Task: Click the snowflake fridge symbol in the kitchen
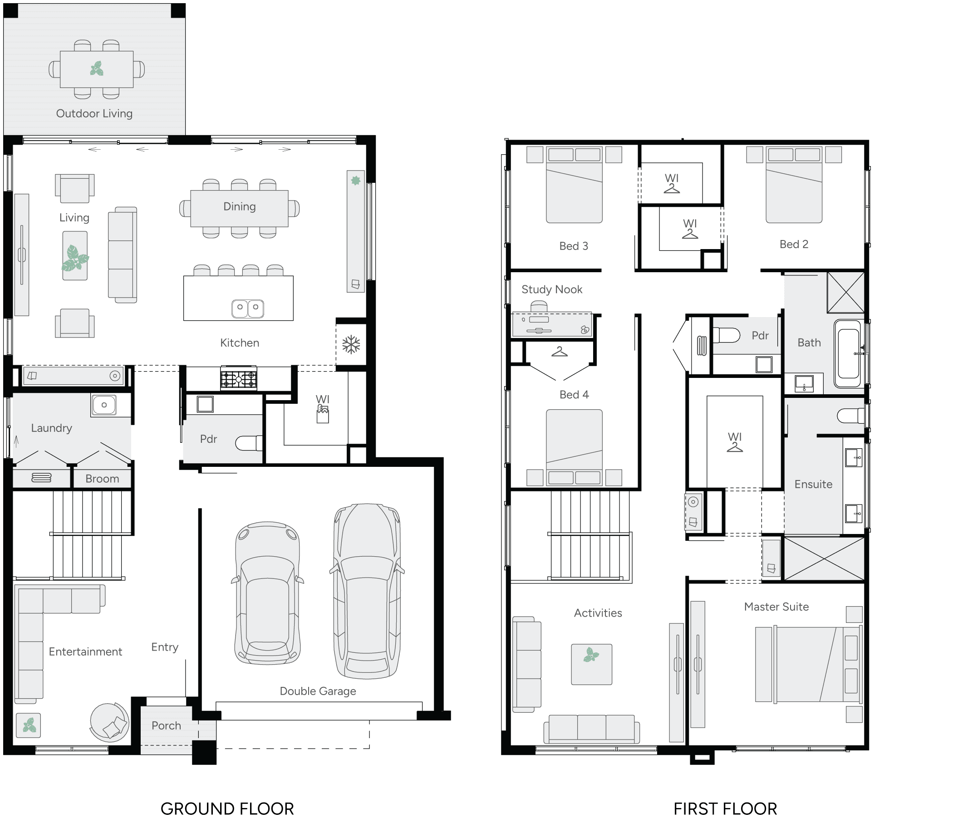tap(351, 344)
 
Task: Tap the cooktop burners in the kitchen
tap(239, 378)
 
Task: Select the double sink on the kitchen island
tap(248, 308)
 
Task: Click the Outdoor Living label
tap(94, 113)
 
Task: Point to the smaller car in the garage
tap(268, 593)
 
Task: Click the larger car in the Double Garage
tap(367, 591)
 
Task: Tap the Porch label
tap(166, 725)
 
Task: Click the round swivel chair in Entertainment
tap(109, 722)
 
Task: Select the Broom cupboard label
tap(102, 479)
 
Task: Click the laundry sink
tap(104, 405)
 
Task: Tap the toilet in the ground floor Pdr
tap(248, 443)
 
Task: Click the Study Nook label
tap(551, 289)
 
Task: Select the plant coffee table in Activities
tap(591, 664)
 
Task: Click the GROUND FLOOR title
tap(227, 808)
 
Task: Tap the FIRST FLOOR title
tap(725, 808)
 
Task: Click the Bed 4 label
tap(574, 395)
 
